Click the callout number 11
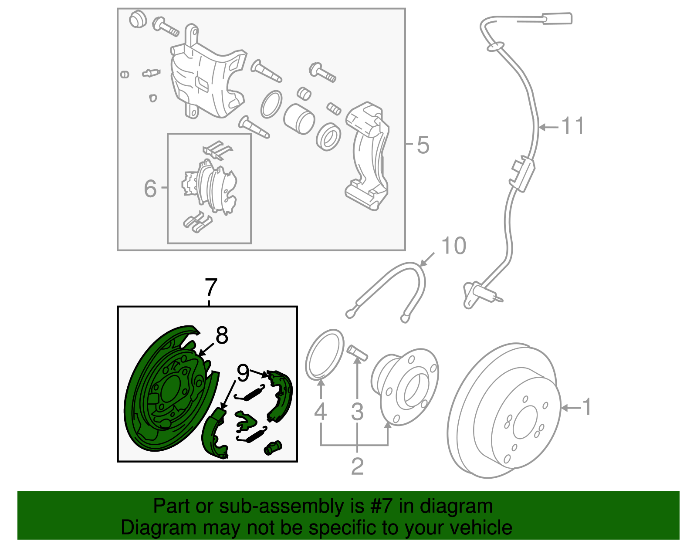pyautogui.click(x=572, y=126)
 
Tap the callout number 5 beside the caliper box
pyautogui.click(x=423, y=145)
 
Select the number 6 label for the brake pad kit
pyautogui.click(x=150, y=189)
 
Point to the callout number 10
pyautogui.click(x=454, y=246)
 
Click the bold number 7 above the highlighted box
pyautogui.click(x=210, y=287)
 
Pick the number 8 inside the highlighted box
pyautogui.click(x=222, y=336)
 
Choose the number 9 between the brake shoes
pyautogui.click(x=243, y=373)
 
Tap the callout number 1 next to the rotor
pyautogui.click(x=587, y=407)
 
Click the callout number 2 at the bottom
pyautogui.click(x=357, y=466)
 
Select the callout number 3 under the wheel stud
pyautogui.click(x=357, y=412)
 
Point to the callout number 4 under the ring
pyautogui.click(x=321, y=412)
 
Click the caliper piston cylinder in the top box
pyautogui.click(x=299, y=118)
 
